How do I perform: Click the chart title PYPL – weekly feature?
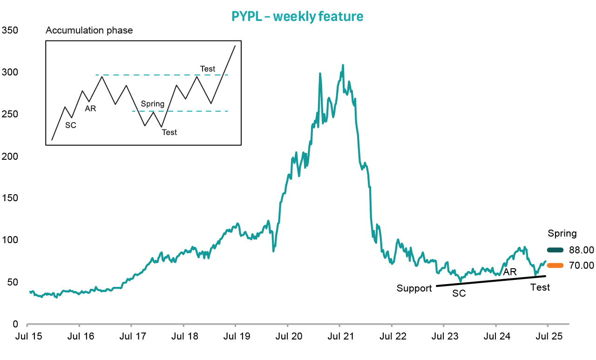point(297,16)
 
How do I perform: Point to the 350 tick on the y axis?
point(10,30)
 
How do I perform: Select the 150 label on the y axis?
point(10,198)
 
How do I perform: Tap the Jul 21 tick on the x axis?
point(340,336)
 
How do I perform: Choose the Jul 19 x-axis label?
point(236,336)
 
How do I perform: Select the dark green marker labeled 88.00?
point(555,250)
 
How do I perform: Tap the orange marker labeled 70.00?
point(555,265)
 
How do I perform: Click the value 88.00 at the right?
point(582,250)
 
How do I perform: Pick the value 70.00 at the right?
point(582,265)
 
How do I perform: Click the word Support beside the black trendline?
point(414,288)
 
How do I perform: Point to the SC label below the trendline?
point(459,294)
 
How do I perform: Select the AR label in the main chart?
point(510,272)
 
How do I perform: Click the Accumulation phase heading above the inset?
point(89,31)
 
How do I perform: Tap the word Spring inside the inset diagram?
point(152,104)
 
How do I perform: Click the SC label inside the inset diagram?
point(70,125)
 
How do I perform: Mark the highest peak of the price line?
point(343,65)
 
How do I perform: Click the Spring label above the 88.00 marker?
point(562,233)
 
